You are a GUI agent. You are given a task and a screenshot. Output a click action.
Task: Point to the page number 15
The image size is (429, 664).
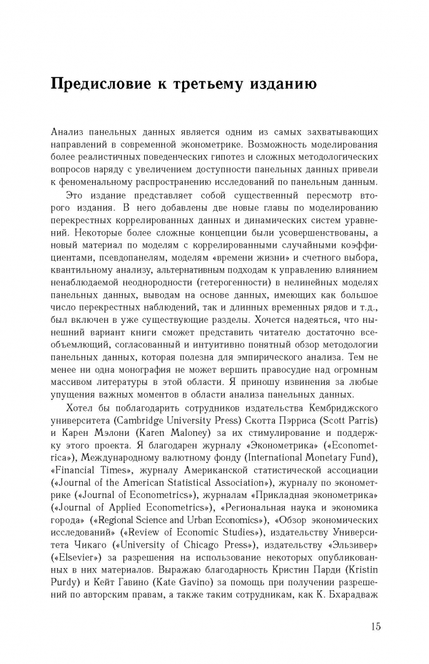(x=376, y=626)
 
